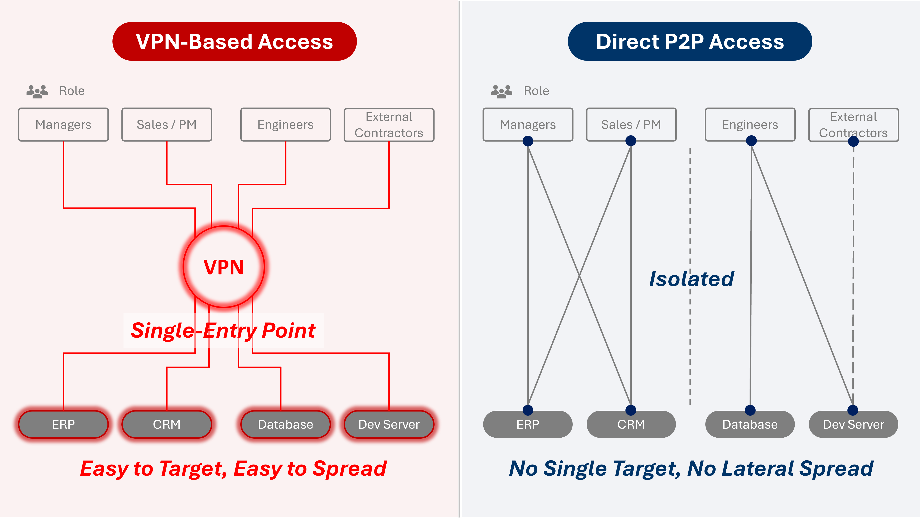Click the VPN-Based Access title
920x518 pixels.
pyautogui.click(x=234, y=42)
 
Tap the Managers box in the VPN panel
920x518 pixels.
pyautogui.click(x=64, y=124)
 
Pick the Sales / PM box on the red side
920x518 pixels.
pyautogui.click(x=167, y=124)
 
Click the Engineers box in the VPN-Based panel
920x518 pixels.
pyautogui.click(x=286, y=124)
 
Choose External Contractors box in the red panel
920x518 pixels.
pyautogui.click(x=389, y=125)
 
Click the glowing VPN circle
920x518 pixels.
pyautogui.click(x=224, y=267)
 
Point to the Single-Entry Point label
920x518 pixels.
pyautogui.click(x=224, y=330)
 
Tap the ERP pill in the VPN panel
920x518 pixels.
pyautogui.click(x=64, y=424)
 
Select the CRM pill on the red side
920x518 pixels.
pyautogui.click(x=167, y=424)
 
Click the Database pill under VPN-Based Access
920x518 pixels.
pyautogui.click(x=286, y=424)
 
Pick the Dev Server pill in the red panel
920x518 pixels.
pyautogui.click(x=389, y=424)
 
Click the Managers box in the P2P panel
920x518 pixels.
pyautogui.click(x=528, y=124)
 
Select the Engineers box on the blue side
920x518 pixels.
pyautogui.click(x=750, y=124)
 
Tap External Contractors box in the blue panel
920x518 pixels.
pyautogui.click(x=854, y=125)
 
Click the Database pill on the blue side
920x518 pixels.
pyautogui.click(x=750, y=424)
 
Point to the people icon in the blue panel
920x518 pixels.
pyautogui.click(x=502, y=91)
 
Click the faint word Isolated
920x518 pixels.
pyautogui.click(x=691, y=279)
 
